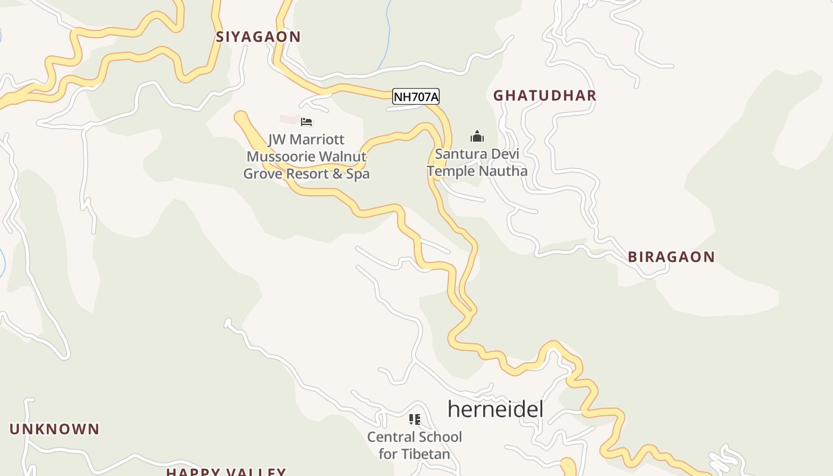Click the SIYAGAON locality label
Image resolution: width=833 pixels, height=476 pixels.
258,37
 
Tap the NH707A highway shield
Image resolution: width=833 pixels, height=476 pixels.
416,96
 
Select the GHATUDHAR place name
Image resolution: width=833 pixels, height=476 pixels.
544,95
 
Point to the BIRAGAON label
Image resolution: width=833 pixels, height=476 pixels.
671,257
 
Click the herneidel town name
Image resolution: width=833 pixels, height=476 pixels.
495,409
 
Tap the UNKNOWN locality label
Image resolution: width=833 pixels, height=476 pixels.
54,429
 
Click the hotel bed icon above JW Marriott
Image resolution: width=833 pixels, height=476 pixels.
306,122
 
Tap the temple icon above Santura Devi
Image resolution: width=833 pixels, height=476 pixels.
477,137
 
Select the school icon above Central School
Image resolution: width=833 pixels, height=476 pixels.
415,419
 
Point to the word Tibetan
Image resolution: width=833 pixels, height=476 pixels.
425,454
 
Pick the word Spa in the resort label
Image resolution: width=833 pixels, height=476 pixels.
358,174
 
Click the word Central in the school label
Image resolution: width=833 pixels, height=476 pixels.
392,437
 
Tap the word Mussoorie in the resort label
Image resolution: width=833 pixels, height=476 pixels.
280,157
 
